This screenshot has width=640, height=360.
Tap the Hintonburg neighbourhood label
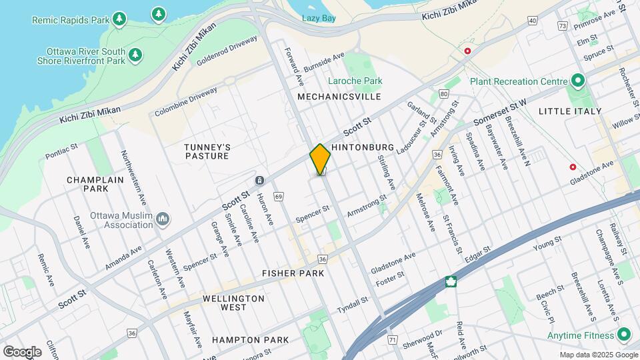tap(359, 147)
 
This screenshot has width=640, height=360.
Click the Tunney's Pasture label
tap(207, 151)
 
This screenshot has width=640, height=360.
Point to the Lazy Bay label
tap(319, 18)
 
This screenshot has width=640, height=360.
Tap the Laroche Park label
tap(355, 81)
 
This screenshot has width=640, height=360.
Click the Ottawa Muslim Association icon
tap(163, 219)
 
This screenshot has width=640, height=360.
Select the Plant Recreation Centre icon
tap(577, 81)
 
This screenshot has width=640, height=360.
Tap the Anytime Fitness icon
tap(623, 335)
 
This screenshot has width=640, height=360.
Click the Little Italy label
tap(569, 111)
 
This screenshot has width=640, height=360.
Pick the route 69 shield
tap(278, 196)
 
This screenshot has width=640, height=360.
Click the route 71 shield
tap(392, 340)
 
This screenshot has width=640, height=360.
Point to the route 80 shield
tap(444, 94)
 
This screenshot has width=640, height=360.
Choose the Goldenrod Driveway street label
tap(227, 51)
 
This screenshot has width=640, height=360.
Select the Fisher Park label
tap(293, 273)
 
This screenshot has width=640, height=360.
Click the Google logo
tap(22, 351)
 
